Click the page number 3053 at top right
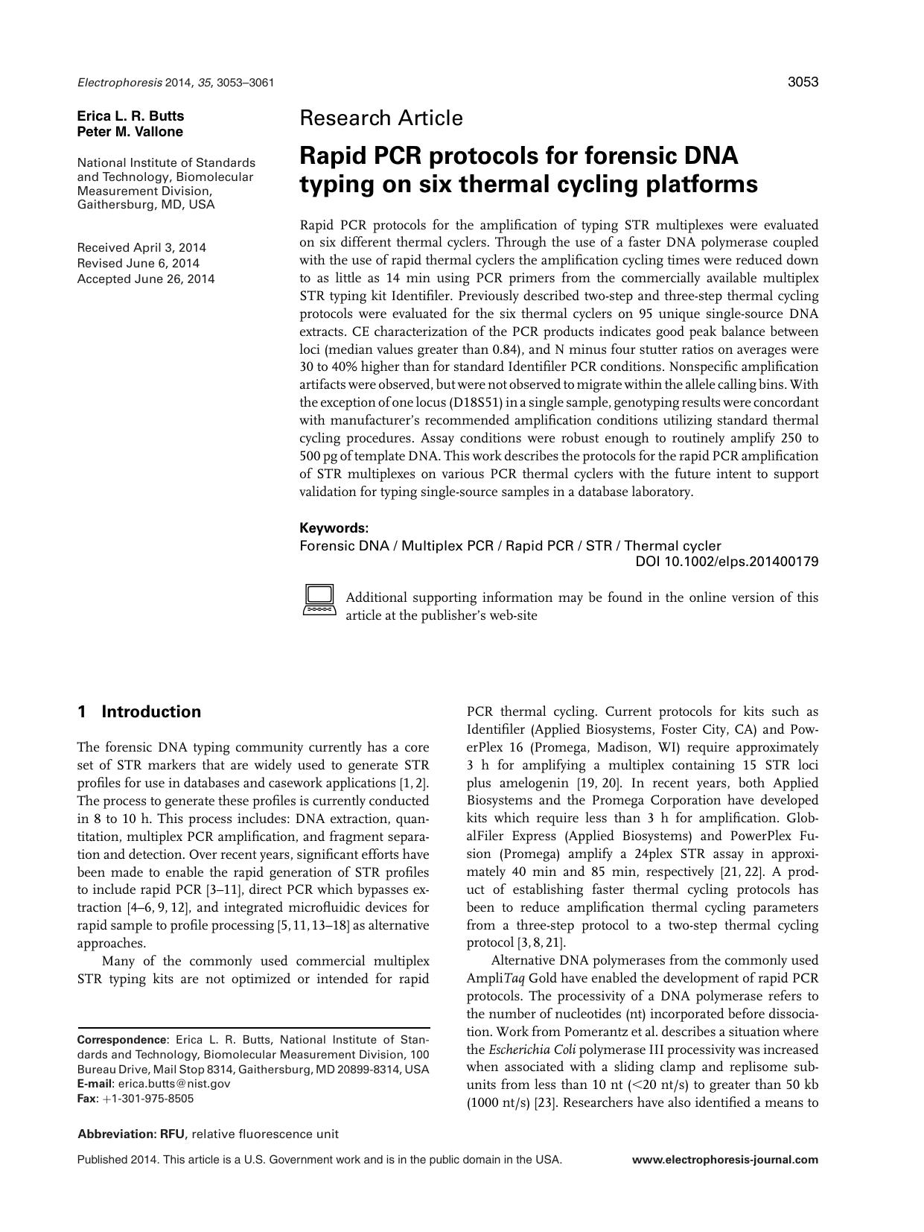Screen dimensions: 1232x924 click(x=803, y=82)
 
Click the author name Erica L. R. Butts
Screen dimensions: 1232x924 click(x=130, y=116)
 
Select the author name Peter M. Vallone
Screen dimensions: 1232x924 click(x=130, y=132)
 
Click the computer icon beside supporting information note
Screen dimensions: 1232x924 click(x=319, y=600)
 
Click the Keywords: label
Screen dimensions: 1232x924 click(x=334, y=527)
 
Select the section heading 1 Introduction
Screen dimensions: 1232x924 click(x=139, y=711)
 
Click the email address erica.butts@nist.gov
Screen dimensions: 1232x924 click(x=174, y=1084)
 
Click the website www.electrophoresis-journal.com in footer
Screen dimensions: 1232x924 click(x=724, y=1159)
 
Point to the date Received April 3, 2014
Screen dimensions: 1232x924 click(x=141, y=247)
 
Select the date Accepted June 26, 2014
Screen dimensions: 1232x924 click(x=146, y=279)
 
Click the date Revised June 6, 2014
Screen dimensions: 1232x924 click(x=138, y=263)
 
